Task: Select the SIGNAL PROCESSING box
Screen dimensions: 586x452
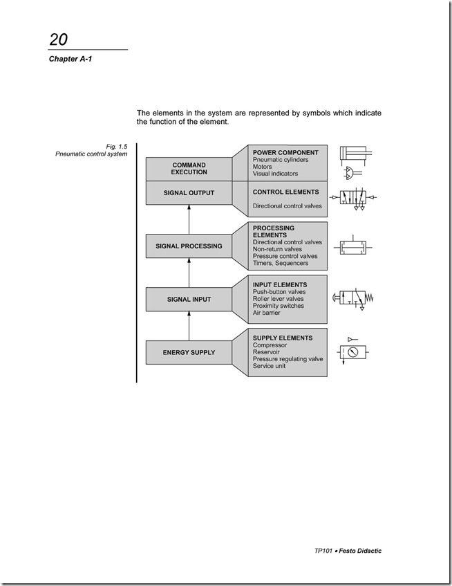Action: (189, 246)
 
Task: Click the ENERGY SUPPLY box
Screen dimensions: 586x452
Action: (189, 352)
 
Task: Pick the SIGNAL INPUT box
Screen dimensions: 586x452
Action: (189, 300)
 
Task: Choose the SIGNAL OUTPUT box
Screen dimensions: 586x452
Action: (189, 192)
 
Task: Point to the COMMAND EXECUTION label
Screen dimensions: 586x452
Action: (189, 168)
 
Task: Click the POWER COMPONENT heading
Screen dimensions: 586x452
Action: (285, 152)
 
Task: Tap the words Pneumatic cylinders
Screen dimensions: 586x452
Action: (280, 160)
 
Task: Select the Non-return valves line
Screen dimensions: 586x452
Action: (277, 249)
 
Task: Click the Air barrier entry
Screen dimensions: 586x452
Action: (266, 313)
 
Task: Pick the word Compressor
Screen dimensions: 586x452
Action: (270, 345)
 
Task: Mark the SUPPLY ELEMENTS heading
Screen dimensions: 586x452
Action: (283, 338)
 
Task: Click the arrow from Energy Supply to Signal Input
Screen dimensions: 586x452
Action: (189, 325)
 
